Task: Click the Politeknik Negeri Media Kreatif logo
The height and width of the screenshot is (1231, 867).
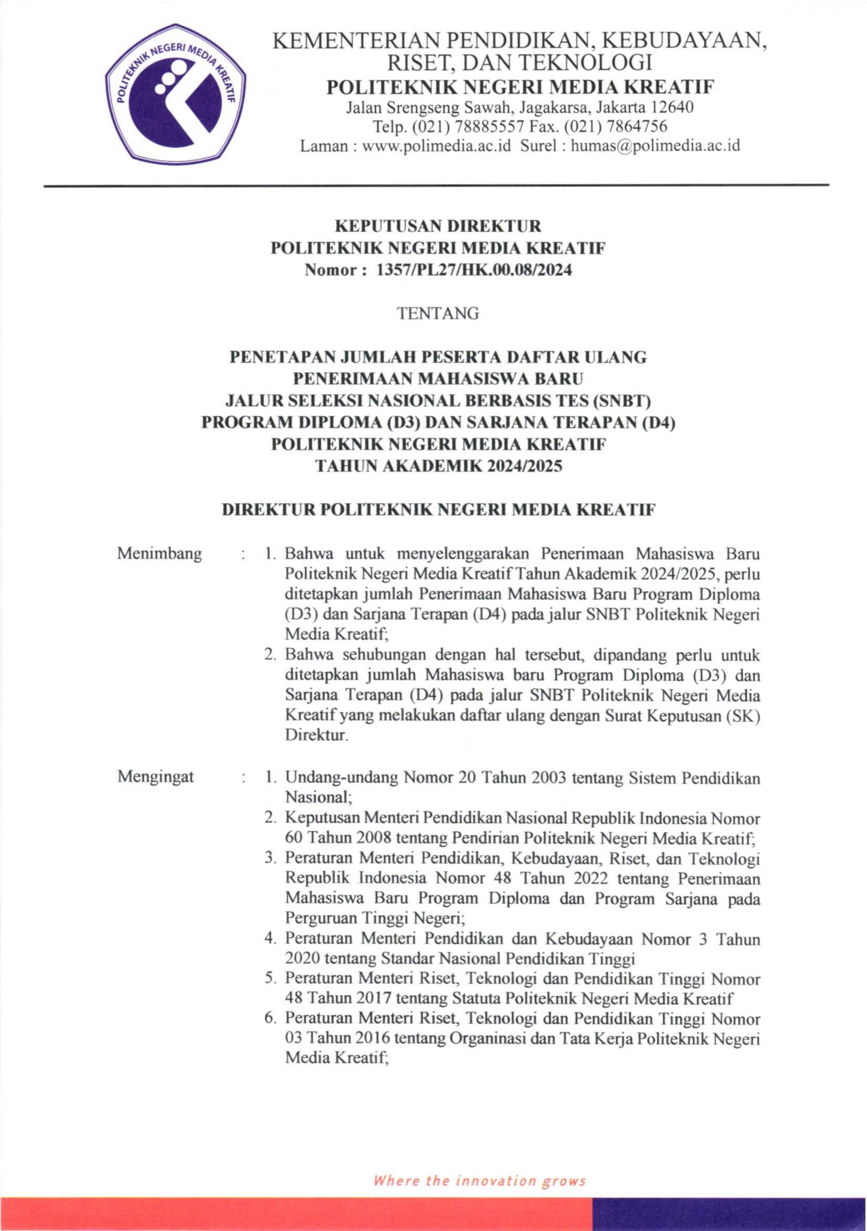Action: (x=175, y=94)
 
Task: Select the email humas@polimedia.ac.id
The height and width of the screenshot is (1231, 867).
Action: (x=655, y=145)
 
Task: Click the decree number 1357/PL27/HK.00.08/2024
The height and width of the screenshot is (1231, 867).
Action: (x=474, y=270)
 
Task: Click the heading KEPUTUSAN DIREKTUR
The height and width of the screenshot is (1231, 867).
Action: (x=438, y=226)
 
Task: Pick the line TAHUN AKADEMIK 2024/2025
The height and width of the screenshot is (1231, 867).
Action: (x=438, y=466)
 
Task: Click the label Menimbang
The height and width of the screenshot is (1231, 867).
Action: (x=159, y=553)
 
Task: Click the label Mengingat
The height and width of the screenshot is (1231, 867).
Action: (x=155, y=777)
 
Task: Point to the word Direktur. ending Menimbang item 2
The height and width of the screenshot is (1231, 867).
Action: (x=317, y=736)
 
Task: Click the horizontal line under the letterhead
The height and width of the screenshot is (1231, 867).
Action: (x=435, y=186)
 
